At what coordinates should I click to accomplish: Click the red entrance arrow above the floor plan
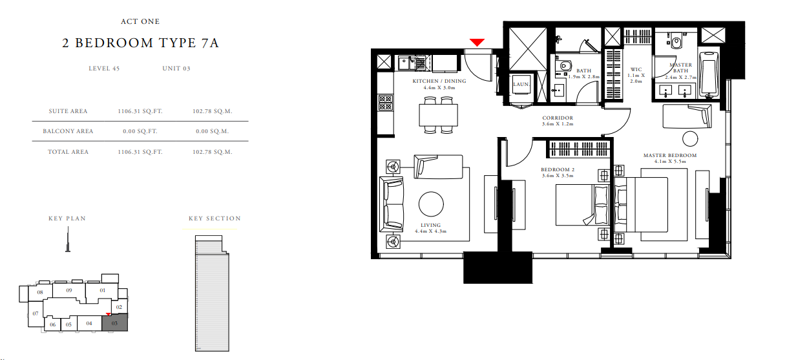477,43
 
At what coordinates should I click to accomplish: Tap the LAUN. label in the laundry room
521,84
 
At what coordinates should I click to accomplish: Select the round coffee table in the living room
431,204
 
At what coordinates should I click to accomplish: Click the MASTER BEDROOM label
670,155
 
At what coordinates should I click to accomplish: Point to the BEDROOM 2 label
558,169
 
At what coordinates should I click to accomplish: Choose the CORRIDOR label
558,118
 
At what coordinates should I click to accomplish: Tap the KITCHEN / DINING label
439,81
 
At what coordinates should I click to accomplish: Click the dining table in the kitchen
439,115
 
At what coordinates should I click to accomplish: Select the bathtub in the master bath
709,75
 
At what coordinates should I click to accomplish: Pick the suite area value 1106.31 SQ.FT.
140,111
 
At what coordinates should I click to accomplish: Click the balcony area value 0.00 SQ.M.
212,131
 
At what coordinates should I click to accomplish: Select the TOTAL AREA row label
68,152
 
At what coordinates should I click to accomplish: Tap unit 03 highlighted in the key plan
115,323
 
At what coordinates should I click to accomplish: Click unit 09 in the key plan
68,290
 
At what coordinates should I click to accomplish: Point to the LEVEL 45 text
104,69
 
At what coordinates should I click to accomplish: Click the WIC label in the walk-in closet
636,69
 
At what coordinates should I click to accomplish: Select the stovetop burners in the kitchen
386,102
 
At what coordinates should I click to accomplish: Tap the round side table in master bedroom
690,139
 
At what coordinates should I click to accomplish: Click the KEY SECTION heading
215,218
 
